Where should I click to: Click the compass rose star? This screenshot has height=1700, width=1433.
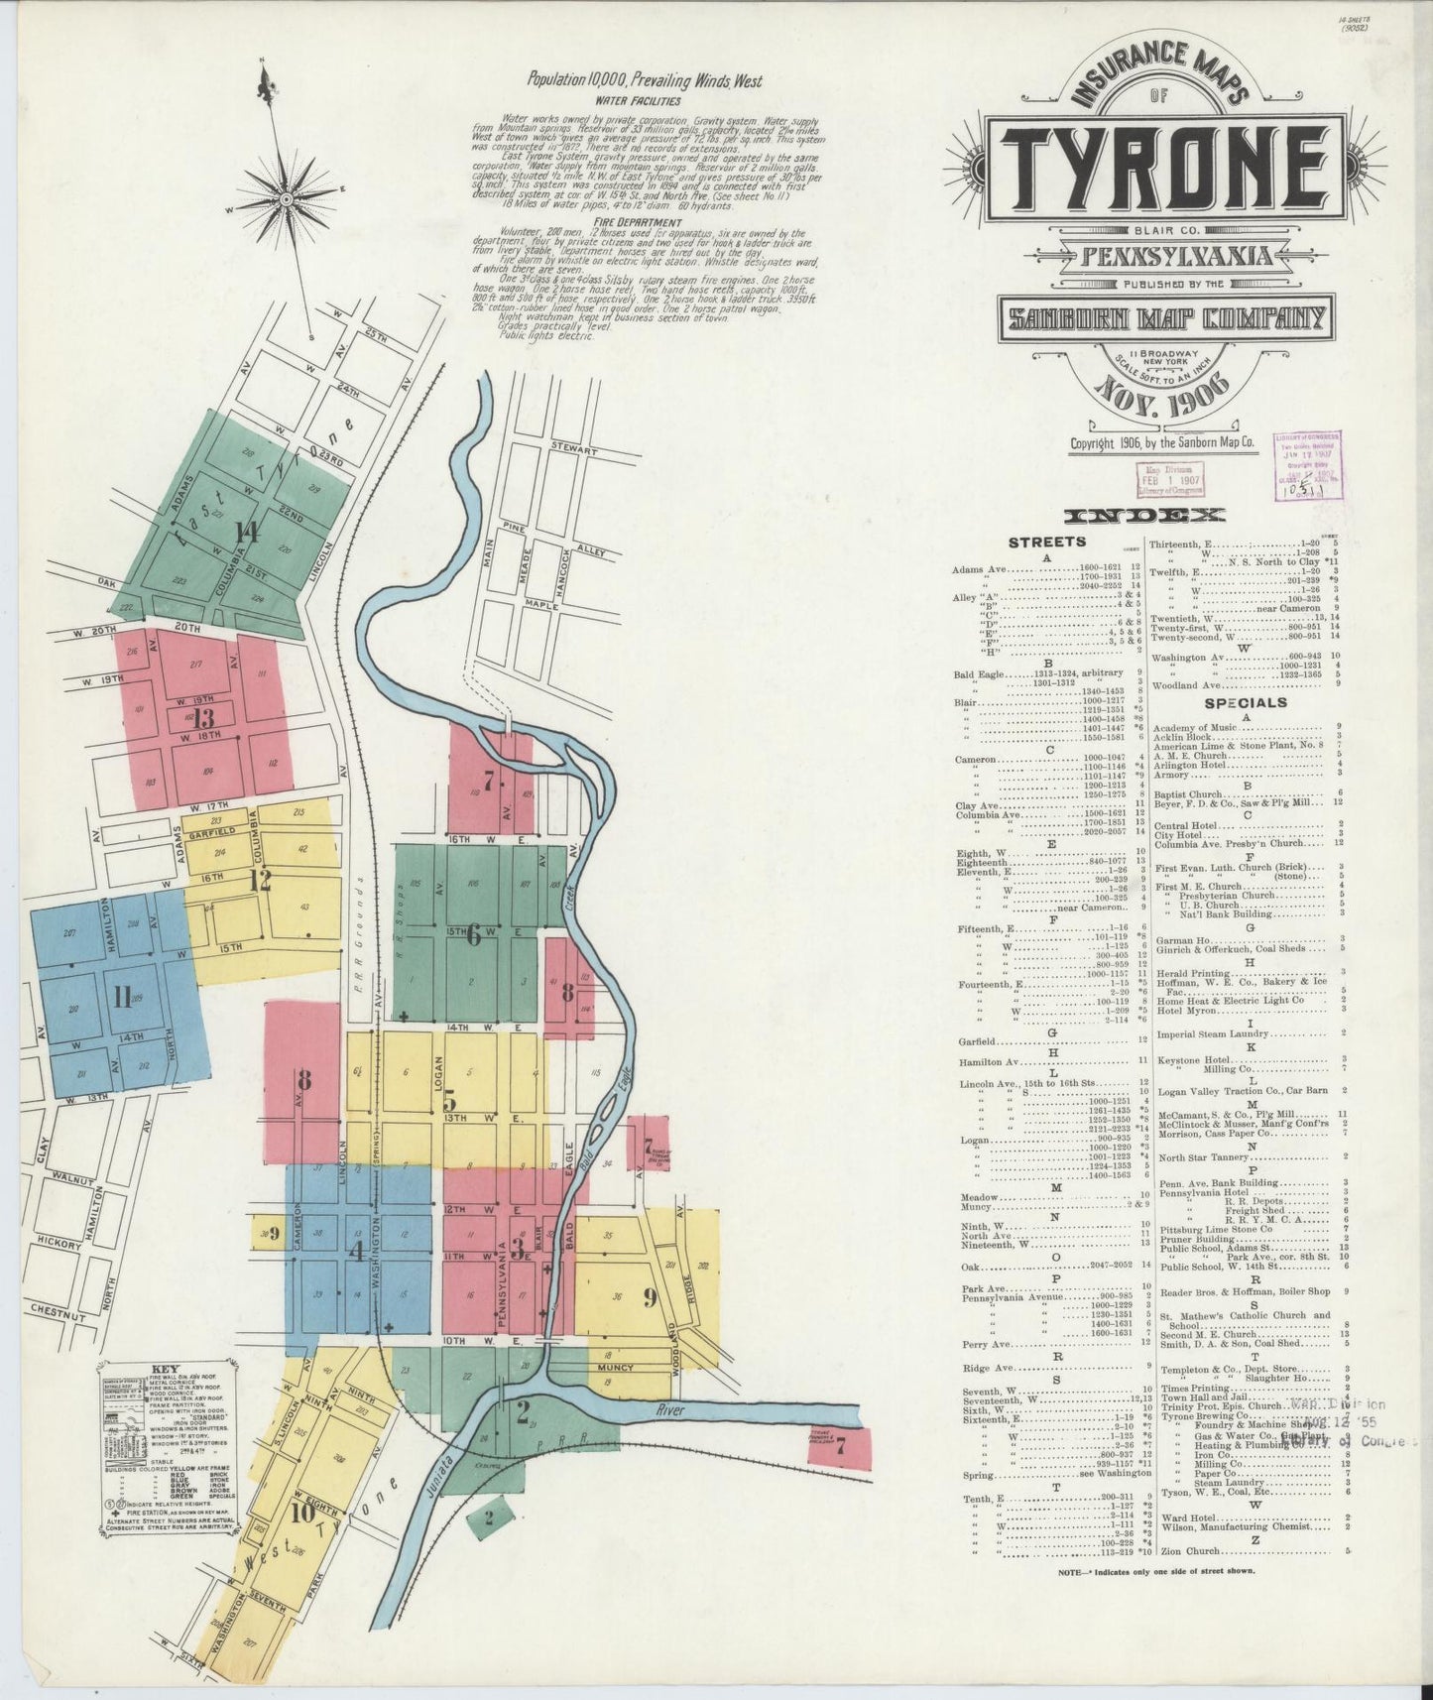pyautogui.click(x=277, y=185)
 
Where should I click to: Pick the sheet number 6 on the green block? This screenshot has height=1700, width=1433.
pyautogui.click(x=473, y=934)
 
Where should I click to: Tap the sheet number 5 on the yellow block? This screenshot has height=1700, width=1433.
pyautogui.click(x=449, y=1101)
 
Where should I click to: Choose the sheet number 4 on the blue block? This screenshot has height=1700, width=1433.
pyautogui.click(x=356, y=1251)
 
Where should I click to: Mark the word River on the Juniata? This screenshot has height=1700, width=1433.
pyautogui.click(x=671, y=1409)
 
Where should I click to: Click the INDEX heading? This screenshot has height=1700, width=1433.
pyautogui.click(x=1143, y=515)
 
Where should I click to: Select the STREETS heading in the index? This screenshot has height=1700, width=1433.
pyautogui.click(x=1046, y=542)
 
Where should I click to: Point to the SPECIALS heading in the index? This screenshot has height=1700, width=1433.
pyautogui.click(x=1246, y=703)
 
